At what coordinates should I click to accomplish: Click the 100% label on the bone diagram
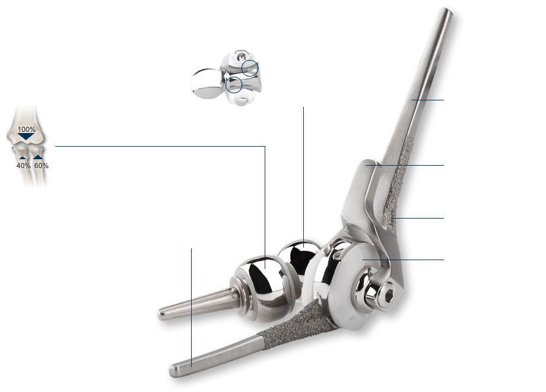coord(27,129)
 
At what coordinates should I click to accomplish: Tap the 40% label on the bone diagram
coord(23,166)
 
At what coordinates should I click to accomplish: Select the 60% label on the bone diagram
coord(41,166)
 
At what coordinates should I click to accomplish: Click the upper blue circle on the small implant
coord(250,68)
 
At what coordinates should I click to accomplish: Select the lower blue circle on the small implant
coord(234,85)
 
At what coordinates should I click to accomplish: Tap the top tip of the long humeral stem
coord(446,11)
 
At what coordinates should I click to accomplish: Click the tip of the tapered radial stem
coord(161,315)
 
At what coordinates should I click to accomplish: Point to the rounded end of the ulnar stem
coord(173,371)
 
